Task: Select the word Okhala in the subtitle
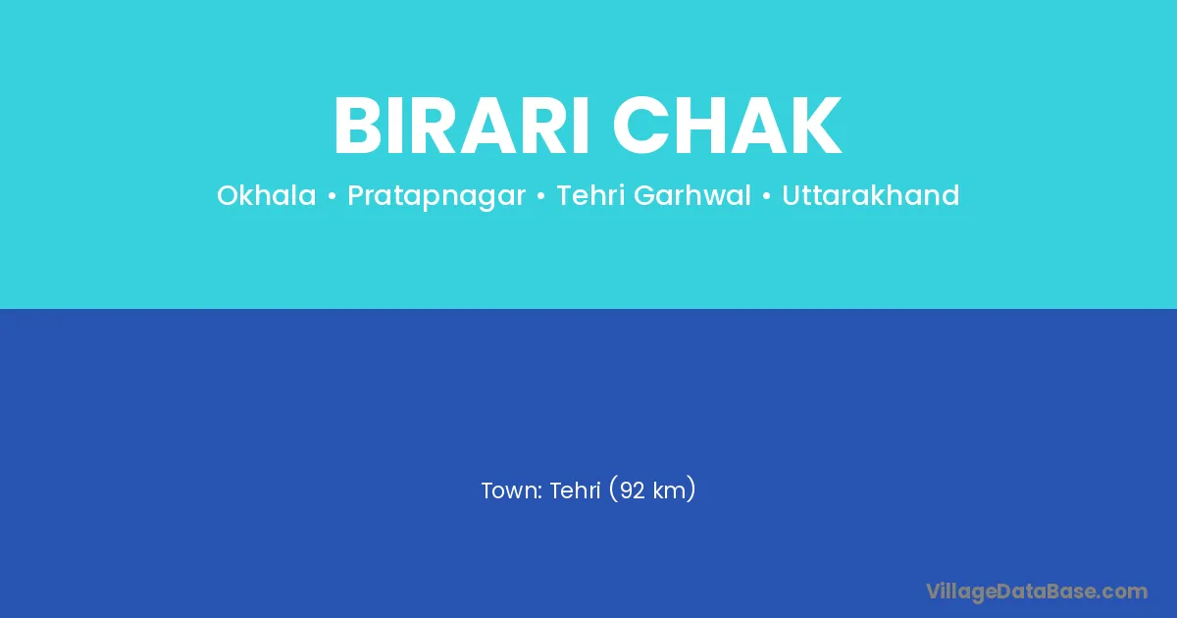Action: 267,195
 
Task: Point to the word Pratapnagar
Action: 436,196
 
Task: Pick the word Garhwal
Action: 692,195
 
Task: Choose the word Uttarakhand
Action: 871,195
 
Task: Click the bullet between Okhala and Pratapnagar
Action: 332,196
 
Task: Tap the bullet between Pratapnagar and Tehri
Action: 540,196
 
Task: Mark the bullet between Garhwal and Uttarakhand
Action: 766,196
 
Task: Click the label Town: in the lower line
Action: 511,490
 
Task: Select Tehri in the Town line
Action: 575,490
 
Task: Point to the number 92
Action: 632,490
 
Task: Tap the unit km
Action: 669,490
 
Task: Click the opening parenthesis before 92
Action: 613,489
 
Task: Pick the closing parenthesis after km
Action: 691,489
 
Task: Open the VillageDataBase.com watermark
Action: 1037,592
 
